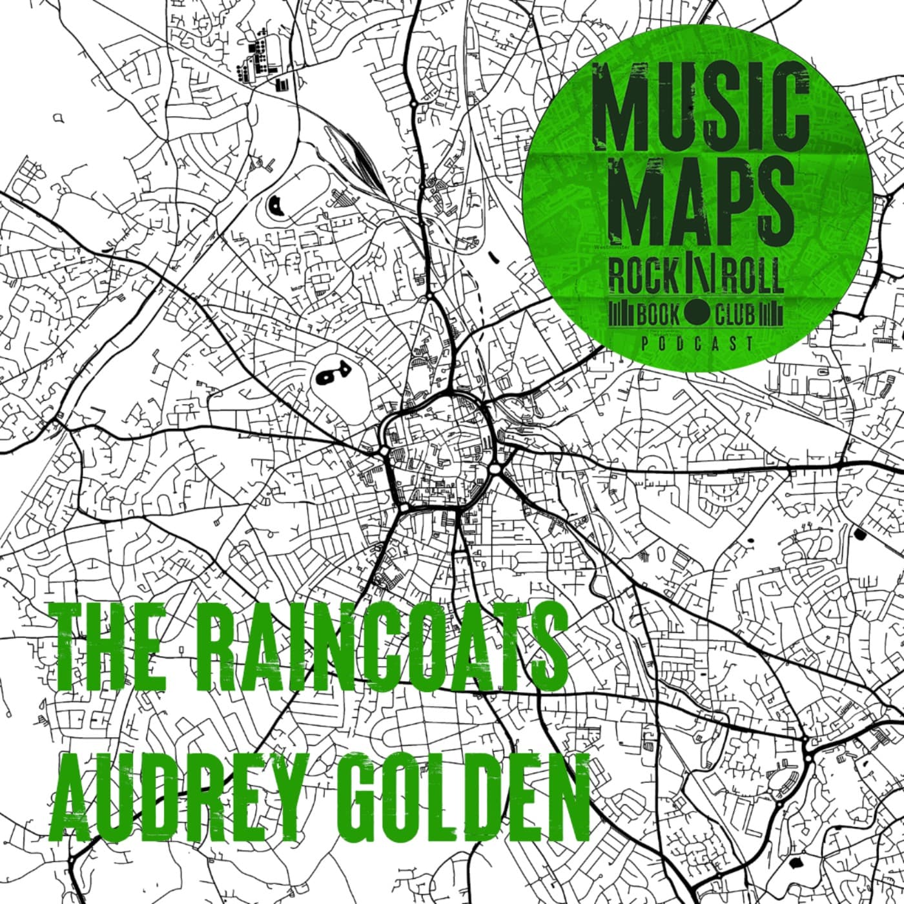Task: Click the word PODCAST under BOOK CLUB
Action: click(697, 344)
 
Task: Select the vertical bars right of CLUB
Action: click(772, 315)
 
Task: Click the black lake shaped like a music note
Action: click(329, 373)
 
